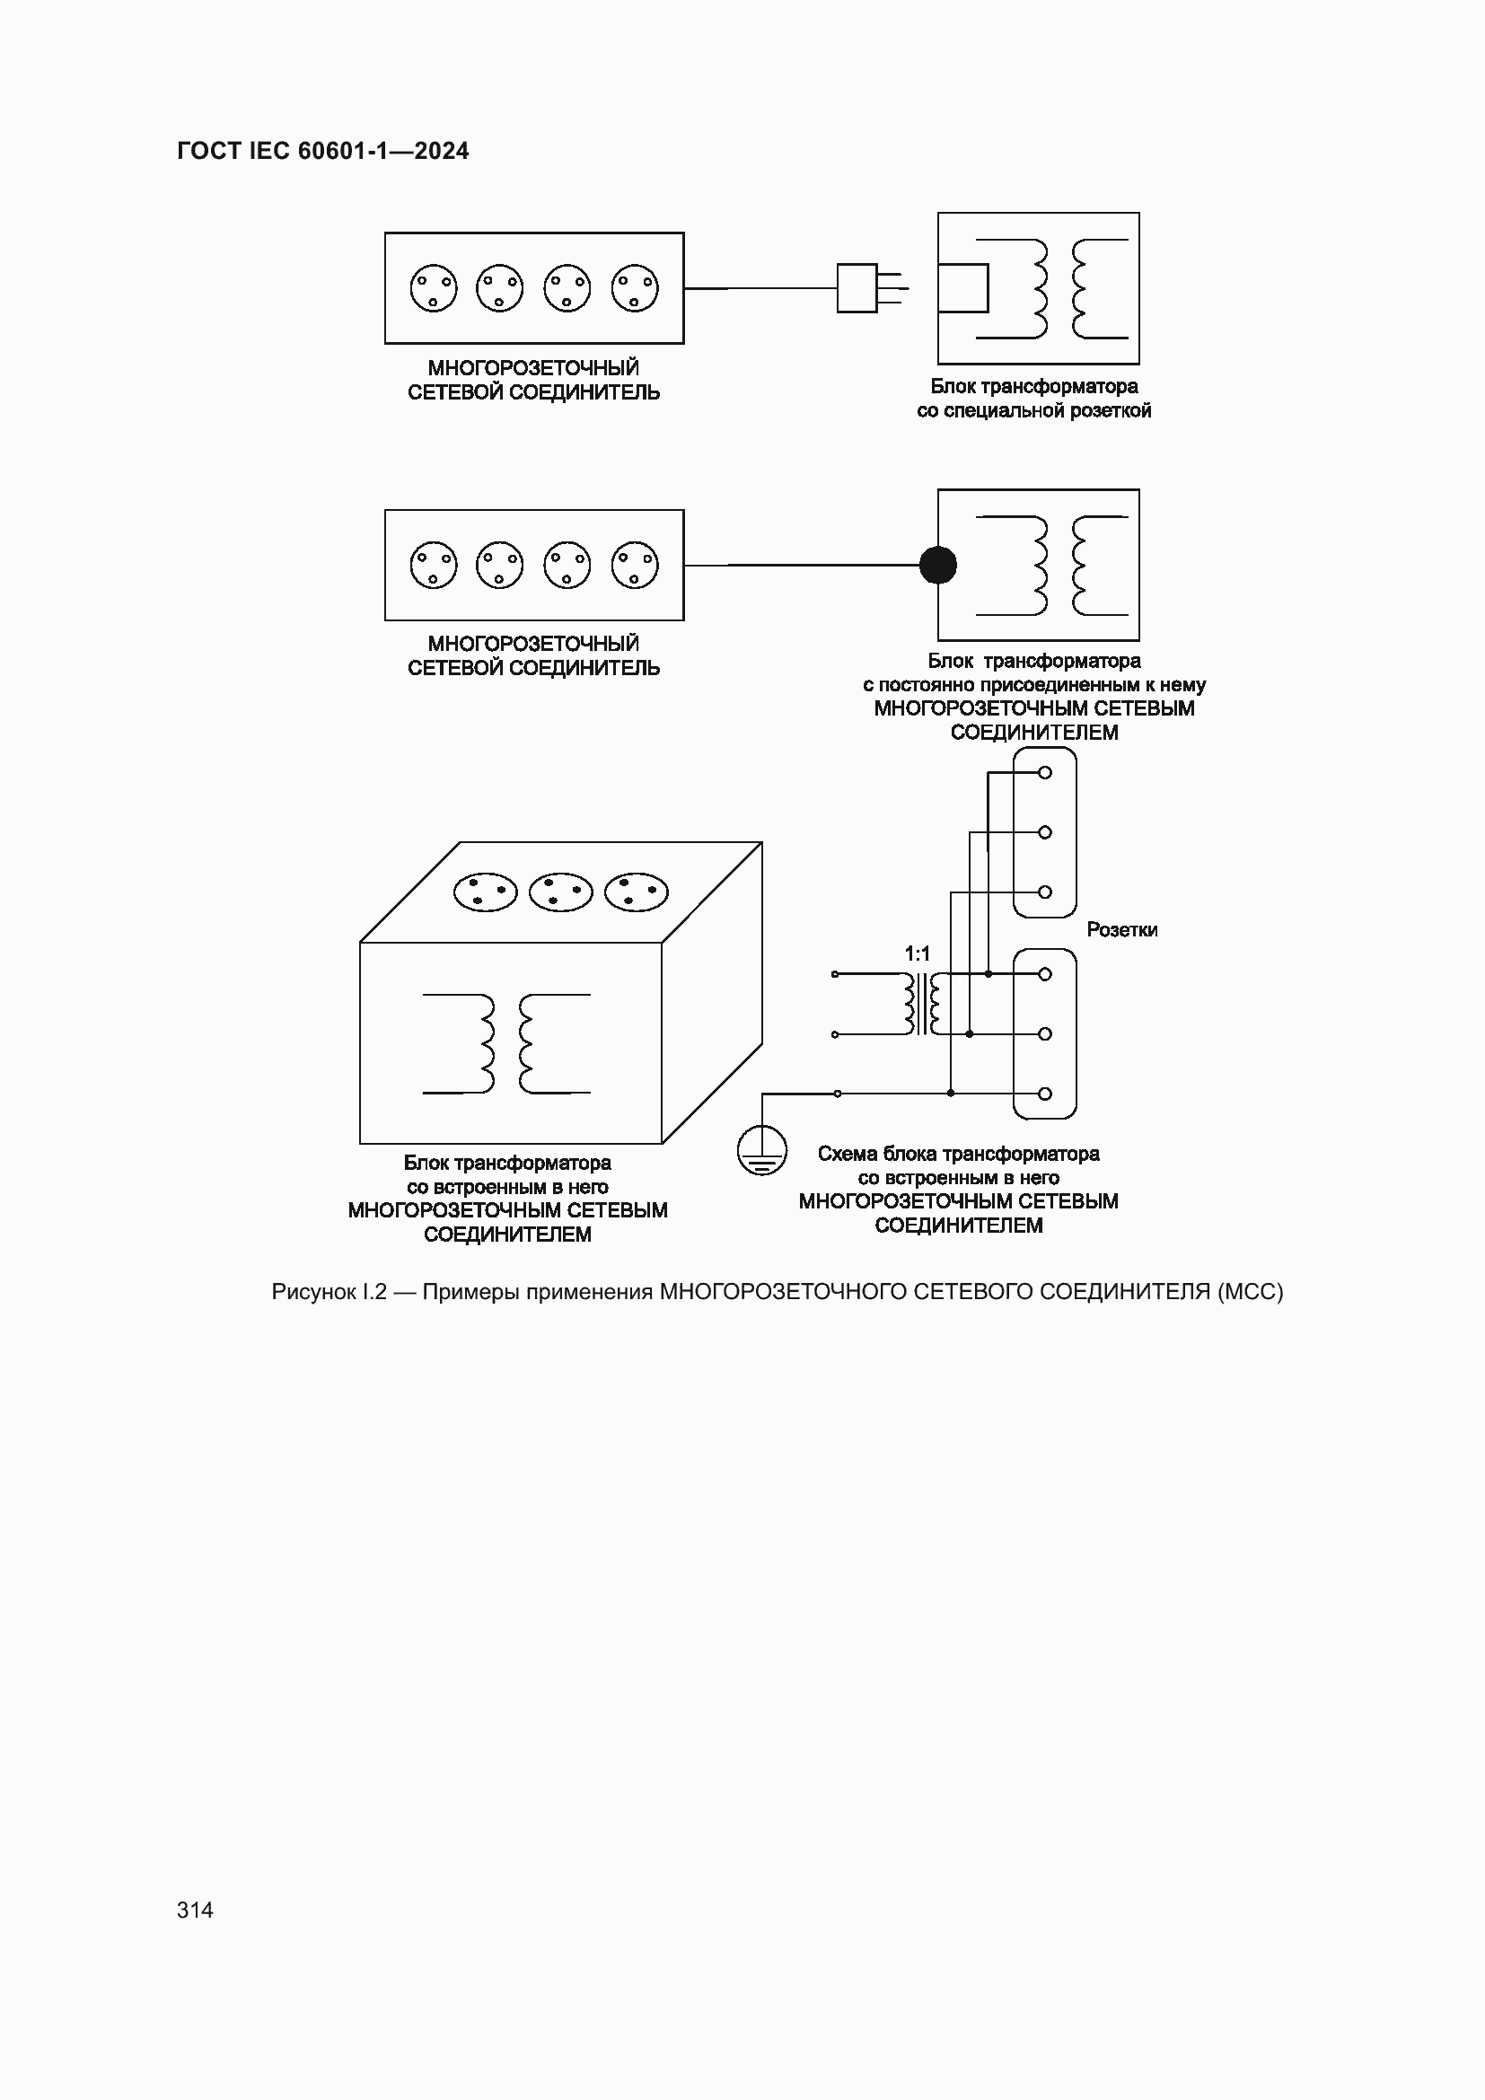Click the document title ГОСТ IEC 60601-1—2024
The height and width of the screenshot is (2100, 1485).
point(323,151)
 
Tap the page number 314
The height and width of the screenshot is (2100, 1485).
point(195,1910)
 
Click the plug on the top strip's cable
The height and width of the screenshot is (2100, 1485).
point(857,288)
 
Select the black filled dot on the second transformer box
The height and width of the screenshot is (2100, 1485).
point(937,565)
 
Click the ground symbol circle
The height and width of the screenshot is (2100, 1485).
point(761,1151)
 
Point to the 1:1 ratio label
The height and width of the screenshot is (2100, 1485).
point(918,954)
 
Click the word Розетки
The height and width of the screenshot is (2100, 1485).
point(1122,930)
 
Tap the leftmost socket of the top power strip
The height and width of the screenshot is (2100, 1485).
point(434,288)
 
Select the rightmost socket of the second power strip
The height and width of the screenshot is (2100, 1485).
point(635,565)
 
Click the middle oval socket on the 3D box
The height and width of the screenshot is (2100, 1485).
point(560,892)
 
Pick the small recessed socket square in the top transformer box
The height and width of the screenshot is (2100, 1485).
point(963,288)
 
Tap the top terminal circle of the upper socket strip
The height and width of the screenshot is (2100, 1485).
point(1045,772)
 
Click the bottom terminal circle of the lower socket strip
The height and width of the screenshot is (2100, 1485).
point(1045,1093)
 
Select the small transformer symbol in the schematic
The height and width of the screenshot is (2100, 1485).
point(922,1004)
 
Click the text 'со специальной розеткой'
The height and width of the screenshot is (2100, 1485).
point(1033,410)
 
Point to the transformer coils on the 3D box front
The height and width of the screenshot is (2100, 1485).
point(506,1042)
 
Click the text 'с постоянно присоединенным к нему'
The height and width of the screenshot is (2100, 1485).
point(1033,685)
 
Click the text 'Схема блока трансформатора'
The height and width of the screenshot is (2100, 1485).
point(958,1155)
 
